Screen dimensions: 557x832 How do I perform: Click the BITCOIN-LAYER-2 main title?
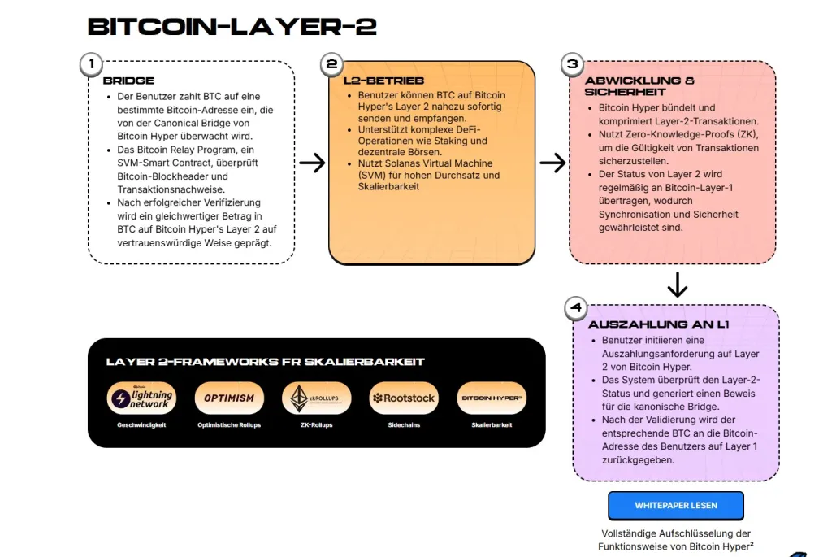[232, 27]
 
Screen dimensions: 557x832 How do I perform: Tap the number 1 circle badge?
[92, 64]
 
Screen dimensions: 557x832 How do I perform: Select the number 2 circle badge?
[331, 64]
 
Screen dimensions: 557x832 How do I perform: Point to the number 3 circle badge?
[572, 64]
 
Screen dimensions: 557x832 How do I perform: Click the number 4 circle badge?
[576, 308]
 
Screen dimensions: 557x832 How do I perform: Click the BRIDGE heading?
[128, 81]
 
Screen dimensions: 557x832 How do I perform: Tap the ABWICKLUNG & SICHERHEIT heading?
[639, 86]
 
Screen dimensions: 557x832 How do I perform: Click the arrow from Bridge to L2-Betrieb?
[312, 163]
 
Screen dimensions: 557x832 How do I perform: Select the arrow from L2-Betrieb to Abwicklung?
[552, 163]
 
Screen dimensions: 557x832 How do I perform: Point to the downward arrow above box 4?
[677, 285]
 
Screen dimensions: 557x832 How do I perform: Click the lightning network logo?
[141, 398]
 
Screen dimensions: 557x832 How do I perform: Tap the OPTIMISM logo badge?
[229, 398]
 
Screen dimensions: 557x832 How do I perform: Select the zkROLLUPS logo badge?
[316, 398]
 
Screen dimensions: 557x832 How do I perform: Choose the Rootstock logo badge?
[404, 398]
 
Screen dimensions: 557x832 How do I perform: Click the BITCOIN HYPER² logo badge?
[492, 398]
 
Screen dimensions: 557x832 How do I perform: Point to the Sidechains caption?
[404, 425]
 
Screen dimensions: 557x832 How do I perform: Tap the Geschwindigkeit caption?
[141, 425]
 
